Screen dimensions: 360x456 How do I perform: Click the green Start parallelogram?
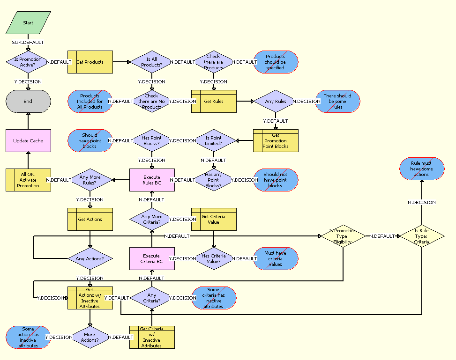click(x=28, y=22)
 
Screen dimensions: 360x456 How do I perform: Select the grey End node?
click(x=28, y=101)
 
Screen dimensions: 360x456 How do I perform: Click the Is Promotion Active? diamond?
click(x=28, y=62)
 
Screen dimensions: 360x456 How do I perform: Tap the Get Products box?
click(x=90, y=62)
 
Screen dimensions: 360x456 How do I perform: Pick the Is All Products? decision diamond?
click(x=152, y=62)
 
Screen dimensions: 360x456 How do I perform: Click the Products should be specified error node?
click(x=276, y=62)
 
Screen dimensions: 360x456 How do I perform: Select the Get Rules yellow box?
click(x=214, y=101)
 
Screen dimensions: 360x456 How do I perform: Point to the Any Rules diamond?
click(x=276, y=101)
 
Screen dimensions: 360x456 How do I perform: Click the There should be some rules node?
click(x=337, y=101)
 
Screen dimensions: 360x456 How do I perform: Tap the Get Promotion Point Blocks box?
click(x=276, y=140)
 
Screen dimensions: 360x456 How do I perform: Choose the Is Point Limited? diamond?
click(x=214, y=140)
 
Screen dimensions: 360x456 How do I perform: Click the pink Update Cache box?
click(x=28, y=140)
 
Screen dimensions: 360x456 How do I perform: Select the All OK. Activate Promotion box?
click(x=28, y=180)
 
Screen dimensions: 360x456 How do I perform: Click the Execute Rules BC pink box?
click(x=152, y=180)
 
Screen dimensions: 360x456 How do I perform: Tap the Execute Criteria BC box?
click(x=152, y=258)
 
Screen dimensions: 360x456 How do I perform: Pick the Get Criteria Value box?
click(x=214, y=219)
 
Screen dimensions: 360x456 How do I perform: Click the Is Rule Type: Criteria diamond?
click(x=421, y=236)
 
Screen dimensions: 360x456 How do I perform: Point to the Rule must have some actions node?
click(x=421, y=169)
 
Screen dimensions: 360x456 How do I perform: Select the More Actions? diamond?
click(x=90, y=337)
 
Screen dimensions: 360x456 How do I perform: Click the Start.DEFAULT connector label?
click(x=28, y=42)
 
